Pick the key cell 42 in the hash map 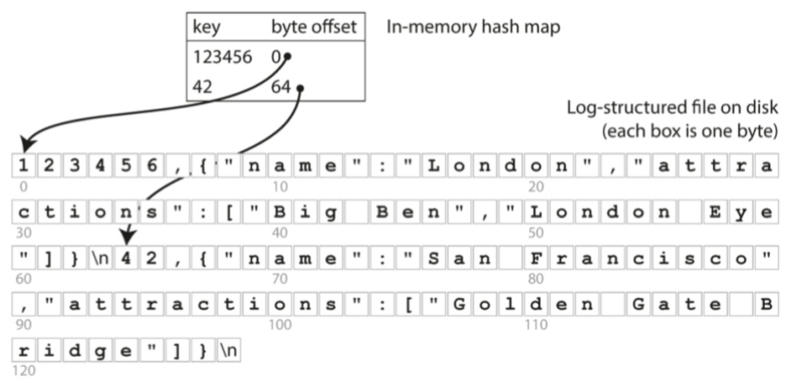click(x=202, y=89)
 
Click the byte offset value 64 click(x=281, y=89)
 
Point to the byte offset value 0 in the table click(x=275, y=57)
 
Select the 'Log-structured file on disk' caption click(x=673, y=107)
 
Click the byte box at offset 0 click(x=21, y=165)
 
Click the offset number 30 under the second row click(x=20, y=231)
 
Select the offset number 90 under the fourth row click(x=20, y=323)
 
